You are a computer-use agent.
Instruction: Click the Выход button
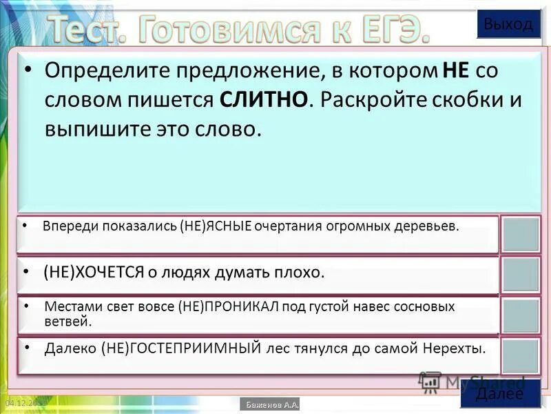(x=508, y=24)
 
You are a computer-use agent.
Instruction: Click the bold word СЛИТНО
(x=264, y=99)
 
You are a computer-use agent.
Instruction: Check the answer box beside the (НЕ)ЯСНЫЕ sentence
(x=520, y=235)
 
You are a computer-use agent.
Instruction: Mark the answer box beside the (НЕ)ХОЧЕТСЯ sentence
(x=520, y=275)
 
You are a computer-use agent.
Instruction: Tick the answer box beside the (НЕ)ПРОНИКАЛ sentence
(x=520, y=315)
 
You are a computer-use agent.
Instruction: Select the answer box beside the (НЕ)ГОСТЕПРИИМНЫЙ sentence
(x=520, y=356)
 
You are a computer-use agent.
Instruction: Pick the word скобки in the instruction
(x=466, y=99)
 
